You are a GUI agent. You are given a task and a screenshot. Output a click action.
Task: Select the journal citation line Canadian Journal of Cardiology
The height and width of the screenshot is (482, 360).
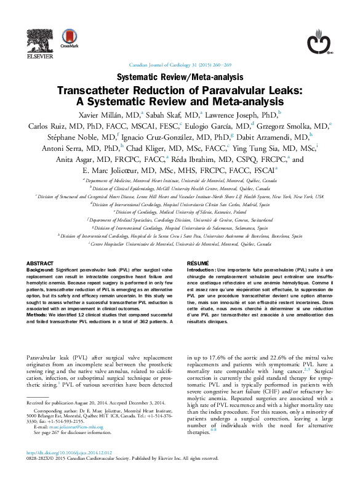[x=180, y=65]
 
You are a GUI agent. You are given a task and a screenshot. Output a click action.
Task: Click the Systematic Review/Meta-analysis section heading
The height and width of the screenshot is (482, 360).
[x=179, y=78]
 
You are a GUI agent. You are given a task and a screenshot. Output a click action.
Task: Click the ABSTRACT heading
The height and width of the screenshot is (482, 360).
[x=39, y=263]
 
